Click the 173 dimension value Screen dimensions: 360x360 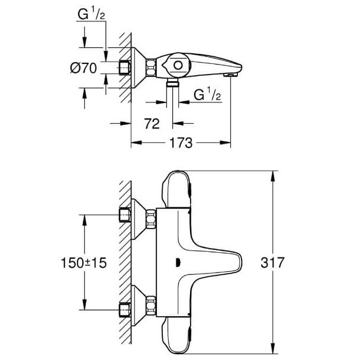pos(181,143)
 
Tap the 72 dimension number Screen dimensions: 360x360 pos(152,124)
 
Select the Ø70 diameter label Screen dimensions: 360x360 pos(83,68)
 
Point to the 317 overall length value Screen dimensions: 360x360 pos(272,262)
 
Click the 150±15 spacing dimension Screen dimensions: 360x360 pos(84,263)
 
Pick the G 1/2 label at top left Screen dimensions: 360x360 pos(91,14)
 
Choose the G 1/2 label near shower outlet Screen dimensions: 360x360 pos(207,94)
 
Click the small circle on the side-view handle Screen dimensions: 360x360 pos(178,66)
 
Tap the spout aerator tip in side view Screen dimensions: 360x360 pos(230,75)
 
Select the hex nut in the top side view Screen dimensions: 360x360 pos(151,67)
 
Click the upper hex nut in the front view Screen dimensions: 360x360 pos(151,219)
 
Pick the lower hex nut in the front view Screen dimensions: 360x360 pos(151,305)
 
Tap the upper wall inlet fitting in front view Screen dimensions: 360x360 pos(125,215)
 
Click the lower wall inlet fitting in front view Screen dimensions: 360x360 pos(125,310)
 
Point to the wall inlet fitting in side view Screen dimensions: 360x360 pos(125,67)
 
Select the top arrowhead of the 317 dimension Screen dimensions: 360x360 pos(273,176)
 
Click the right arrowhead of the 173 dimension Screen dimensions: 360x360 pos(225,143)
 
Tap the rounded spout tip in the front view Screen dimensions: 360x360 pos(240,262)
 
